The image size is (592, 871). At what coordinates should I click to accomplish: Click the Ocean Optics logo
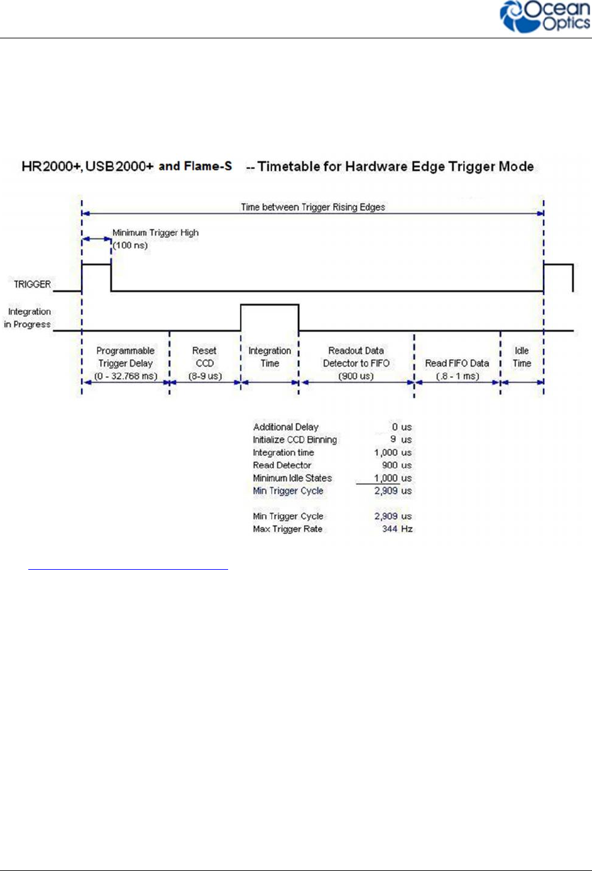tap(544, 17)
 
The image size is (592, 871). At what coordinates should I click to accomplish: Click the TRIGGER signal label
tap(32, 284)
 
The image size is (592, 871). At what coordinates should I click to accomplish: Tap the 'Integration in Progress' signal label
tap(28, 318)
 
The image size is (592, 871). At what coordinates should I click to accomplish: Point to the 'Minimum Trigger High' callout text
tap(155, 233)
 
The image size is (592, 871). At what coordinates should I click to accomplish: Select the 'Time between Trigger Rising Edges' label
tap(313, 207)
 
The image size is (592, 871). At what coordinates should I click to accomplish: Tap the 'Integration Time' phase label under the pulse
tap(270, 357)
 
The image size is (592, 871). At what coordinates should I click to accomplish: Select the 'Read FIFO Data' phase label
tap(457, 363)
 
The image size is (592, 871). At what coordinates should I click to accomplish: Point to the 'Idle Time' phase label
tap(522, 357)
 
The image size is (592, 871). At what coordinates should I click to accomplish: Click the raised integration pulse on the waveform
tap(270, 306)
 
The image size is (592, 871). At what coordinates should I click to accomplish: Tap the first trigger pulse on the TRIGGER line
tap(96, 266)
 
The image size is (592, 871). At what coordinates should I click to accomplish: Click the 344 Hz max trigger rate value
tap(397, 529)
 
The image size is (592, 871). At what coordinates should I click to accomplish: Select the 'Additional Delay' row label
tap(285, 427)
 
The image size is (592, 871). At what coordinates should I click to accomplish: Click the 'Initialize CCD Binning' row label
tap(295, 440)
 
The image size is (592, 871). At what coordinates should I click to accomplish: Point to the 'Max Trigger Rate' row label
tap(287, 529)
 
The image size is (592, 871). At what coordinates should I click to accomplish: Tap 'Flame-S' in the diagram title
tap(208, 166)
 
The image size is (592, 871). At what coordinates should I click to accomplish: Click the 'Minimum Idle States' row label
tap(292, 478)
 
